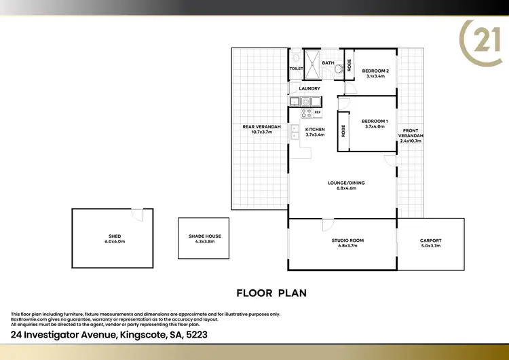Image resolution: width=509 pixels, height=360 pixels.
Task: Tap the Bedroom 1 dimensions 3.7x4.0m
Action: (x=375, y=126)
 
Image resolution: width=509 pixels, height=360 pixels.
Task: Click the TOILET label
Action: (x=296, y=69)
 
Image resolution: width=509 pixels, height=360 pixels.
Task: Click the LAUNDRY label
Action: (x=309, y=88)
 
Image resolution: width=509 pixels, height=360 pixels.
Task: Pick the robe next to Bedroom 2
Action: (x=350, y=62)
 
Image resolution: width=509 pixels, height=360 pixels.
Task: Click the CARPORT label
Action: (x=430, y=240)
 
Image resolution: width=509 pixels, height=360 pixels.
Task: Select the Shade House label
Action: (x=205, y=236)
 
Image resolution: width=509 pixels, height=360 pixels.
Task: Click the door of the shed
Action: (x=137, y=214)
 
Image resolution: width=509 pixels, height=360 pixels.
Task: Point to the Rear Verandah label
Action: (x=261, y=126)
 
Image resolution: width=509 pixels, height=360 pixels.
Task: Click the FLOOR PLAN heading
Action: (x=271, y=293)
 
